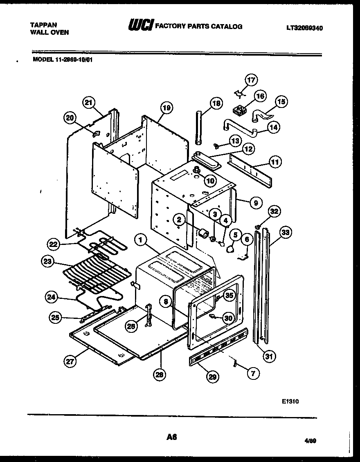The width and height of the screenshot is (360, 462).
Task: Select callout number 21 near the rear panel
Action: [x=89, y=103]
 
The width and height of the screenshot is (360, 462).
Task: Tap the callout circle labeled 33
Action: [x=286, y=233]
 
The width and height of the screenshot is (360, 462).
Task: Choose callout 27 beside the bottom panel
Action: [x=71, y=361]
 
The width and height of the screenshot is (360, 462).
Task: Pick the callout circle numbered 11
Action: [x=275, y=162]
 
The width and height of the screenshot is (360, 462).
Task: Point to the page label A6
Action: [x=171, y=437]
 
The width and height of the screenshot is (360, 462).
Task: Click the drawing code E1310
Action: [x=290, y=401]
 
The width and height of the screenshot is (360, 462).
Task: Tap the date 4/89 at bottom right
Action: [x=311, y=441]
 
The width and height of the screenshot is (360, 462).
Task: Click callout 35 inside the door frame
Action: [x=229, y=295]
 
